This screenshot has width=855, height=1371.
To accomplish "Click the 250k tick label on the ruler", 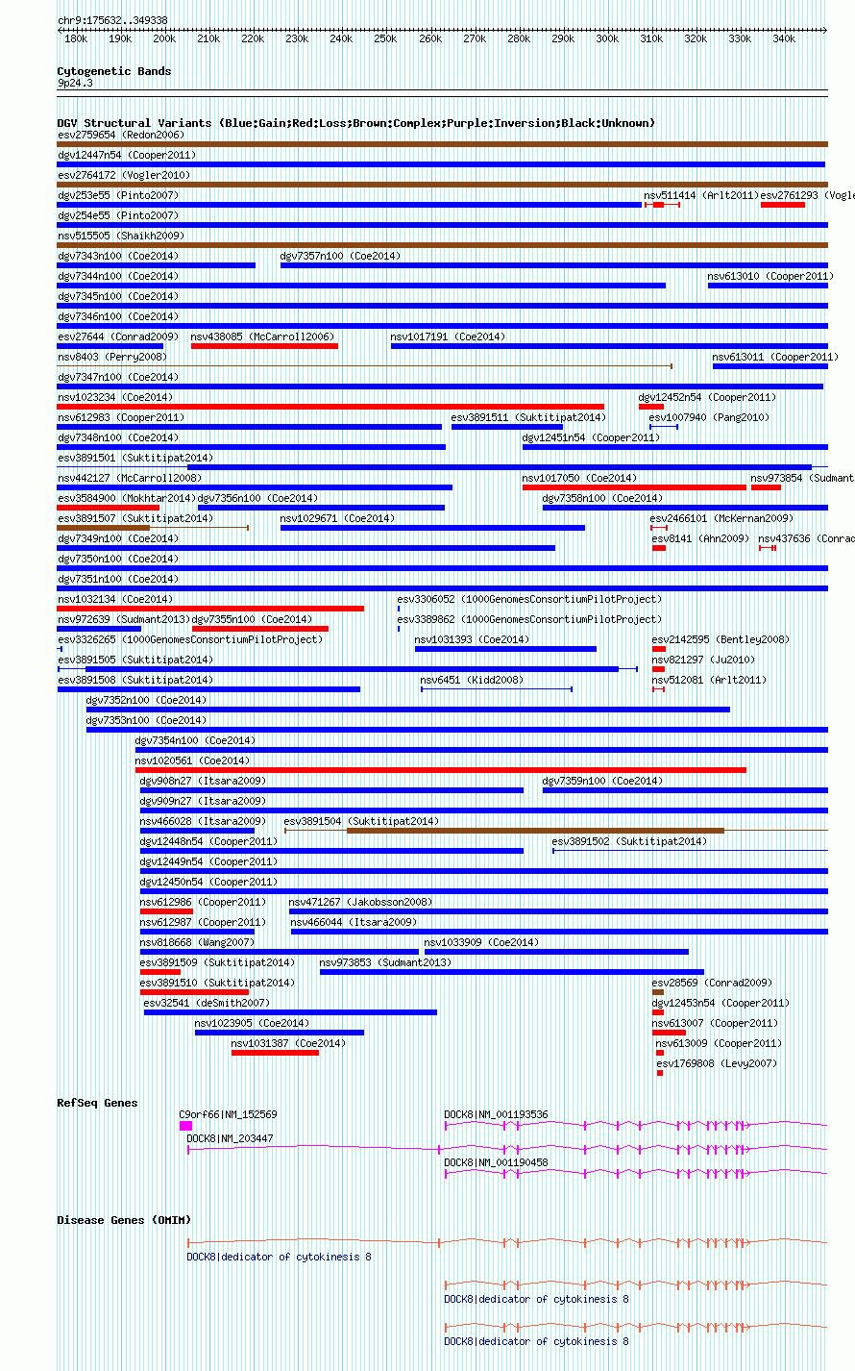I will [385, 38].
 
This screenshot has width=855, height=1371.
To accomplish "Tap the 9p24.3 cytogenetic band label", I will [75, 84].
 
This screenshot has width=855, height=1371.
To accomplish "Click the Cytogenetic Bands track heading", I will [113, 71].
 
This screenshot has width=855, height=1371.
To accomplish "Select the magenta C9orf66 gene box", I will [185, 1125].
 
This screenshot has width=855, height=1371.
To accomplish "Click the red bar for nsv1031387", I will [275, 1053].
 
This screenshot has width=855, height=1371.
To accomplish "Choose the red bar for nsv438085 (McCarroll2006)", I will [264, 346].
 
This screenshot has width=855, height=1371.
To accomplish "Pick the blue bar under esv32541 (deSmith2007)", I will [290, 1012].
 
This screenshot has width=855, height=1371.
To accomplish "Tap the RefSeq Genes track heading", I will [97, 1103].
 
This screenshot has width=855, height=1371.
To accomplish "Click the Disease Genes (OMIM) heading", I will [123, 1220].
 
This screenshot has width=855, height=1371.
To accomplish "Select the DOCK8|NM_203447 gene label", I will [230, 1138].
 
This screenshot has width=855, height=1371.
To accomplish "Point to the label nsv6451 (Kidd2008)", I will [472, 680].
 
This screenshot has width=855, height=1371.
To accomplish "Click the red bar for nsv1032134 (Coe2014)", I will [210, 609].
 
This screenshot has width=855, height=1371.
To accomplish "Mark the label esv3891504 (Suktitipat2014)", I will [361, 821].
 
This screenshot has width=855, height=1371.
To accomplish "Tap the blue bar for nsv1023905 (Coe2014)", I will [279, 1033].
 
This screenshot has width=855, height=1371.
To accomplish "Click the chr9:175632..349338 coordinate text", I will [112, 20].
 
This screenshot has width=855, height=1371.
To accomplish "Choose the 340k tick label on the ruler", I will [784, 38].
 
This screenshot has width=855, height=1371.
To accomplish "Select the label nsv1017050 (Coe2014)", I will [579, 478].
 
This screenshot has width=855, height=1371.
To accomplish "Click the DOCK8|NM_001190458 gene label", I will [496, 1162].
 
